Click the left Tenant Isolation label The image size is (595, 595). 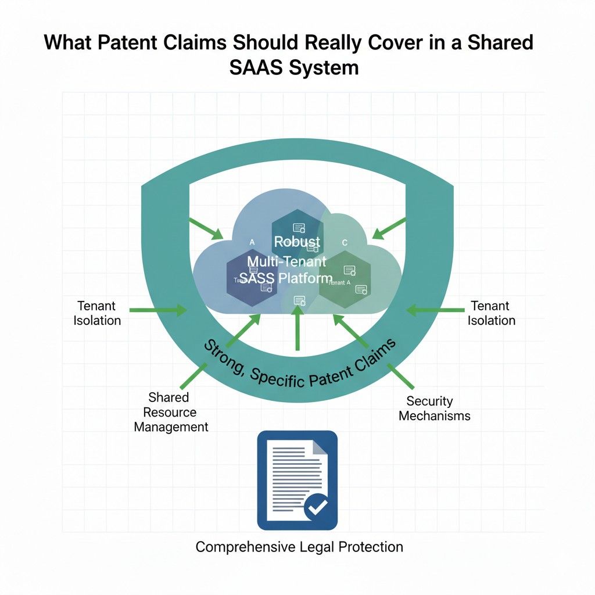coord(97,313)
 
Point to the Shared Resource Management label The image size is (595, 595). coord(170,412)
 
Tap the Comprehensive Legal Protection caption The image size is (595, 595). coord(299,547)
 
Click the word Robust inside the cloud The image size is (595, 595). coord(297,242)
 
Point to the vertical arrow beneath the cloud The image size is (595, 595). coord(297,328)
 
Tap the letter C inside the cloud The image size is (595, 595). coord(345,242)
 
